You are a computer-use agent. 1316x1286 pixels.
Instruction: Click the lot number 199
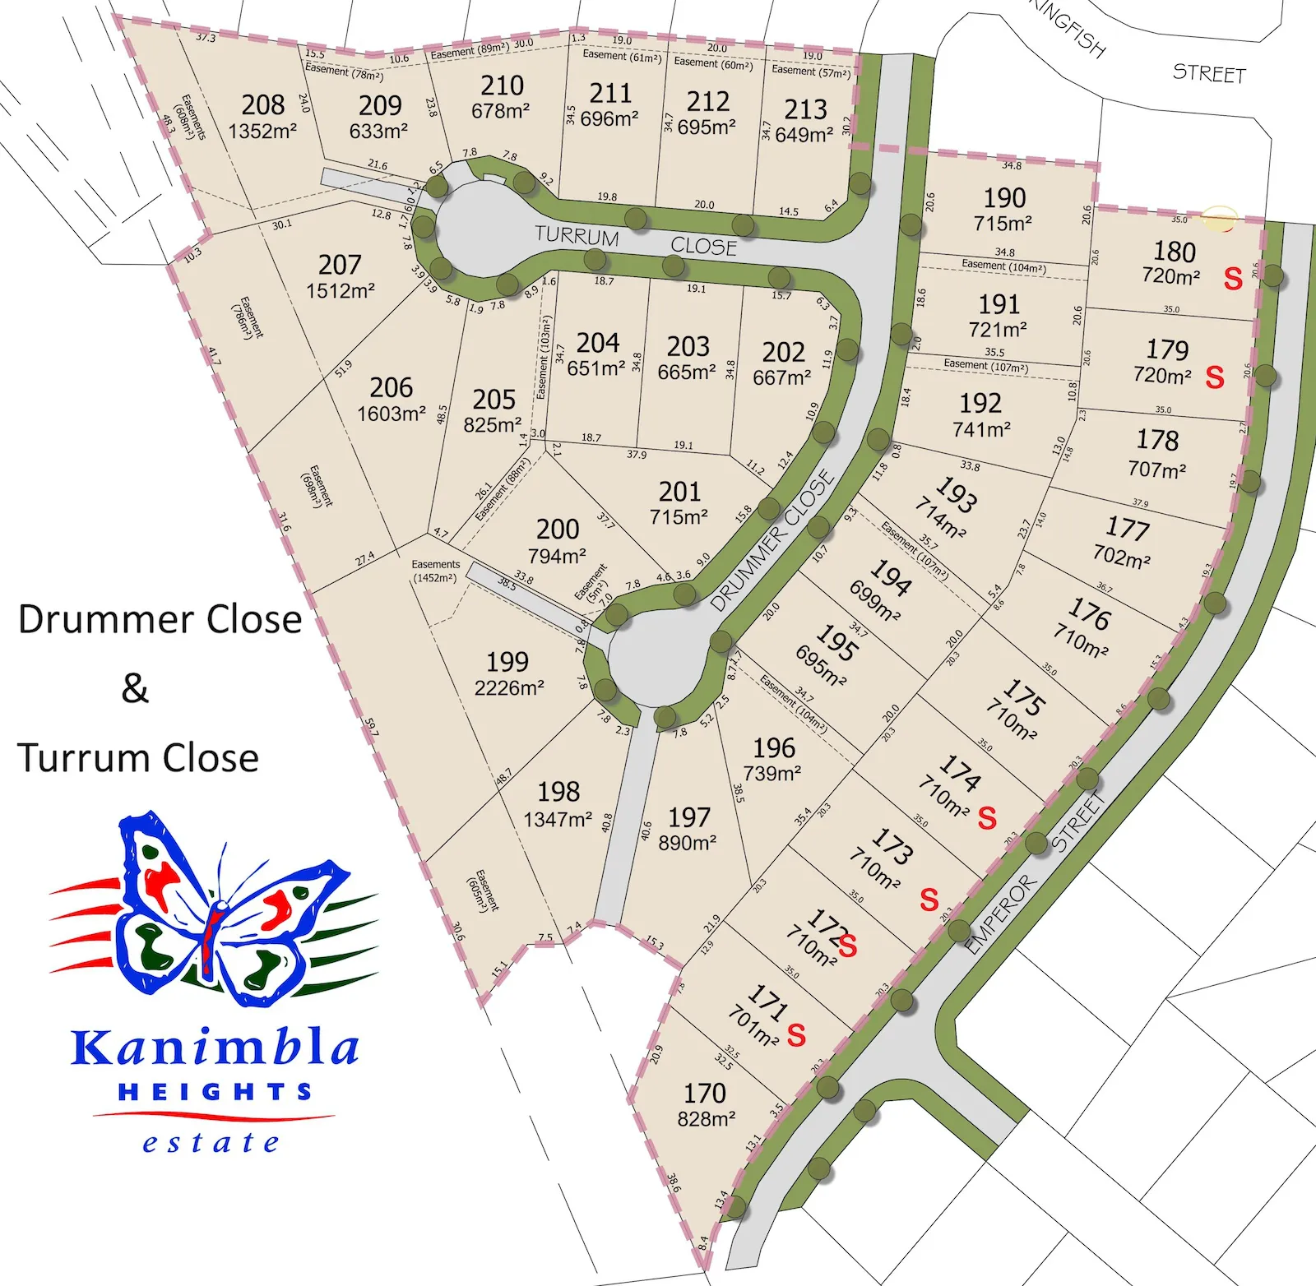coord(507,662)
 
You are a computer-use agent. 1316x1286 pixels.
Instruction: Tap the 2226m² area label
coord(509,687)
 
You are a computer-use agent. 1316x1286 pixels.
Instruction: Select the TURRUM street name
coord(577,236)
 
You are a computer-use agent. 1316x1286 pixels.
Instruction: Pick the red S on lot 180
coord(1232,280)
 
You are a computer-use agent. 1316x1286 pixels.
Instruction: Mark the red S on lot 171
coord(796,1035)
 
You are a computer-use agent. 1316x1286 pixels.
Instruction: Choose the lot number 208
coord(263,105)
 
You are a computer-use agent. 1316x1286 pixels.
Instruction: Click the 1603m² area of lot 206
coord(392,414)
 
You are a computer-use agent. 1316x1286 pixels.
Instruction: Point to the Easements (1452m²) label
coord(436,571)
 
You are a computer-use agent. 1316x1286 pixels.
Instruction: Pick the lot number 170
coord(705,1094)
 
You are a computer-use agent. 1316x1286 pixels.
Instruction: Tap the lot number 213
coord(805,109)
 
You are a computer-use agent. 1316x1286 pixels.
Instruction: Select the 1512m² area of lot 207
coord(341,291)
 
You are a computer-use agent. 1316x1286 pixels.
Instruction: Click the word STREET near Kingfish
coord(1209,74)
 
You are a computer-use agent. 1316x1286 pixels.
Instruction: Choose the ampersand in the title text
coord(136,688)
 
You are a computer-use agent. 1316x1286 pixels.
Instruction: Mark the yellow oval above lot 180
coord(1219,219)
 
